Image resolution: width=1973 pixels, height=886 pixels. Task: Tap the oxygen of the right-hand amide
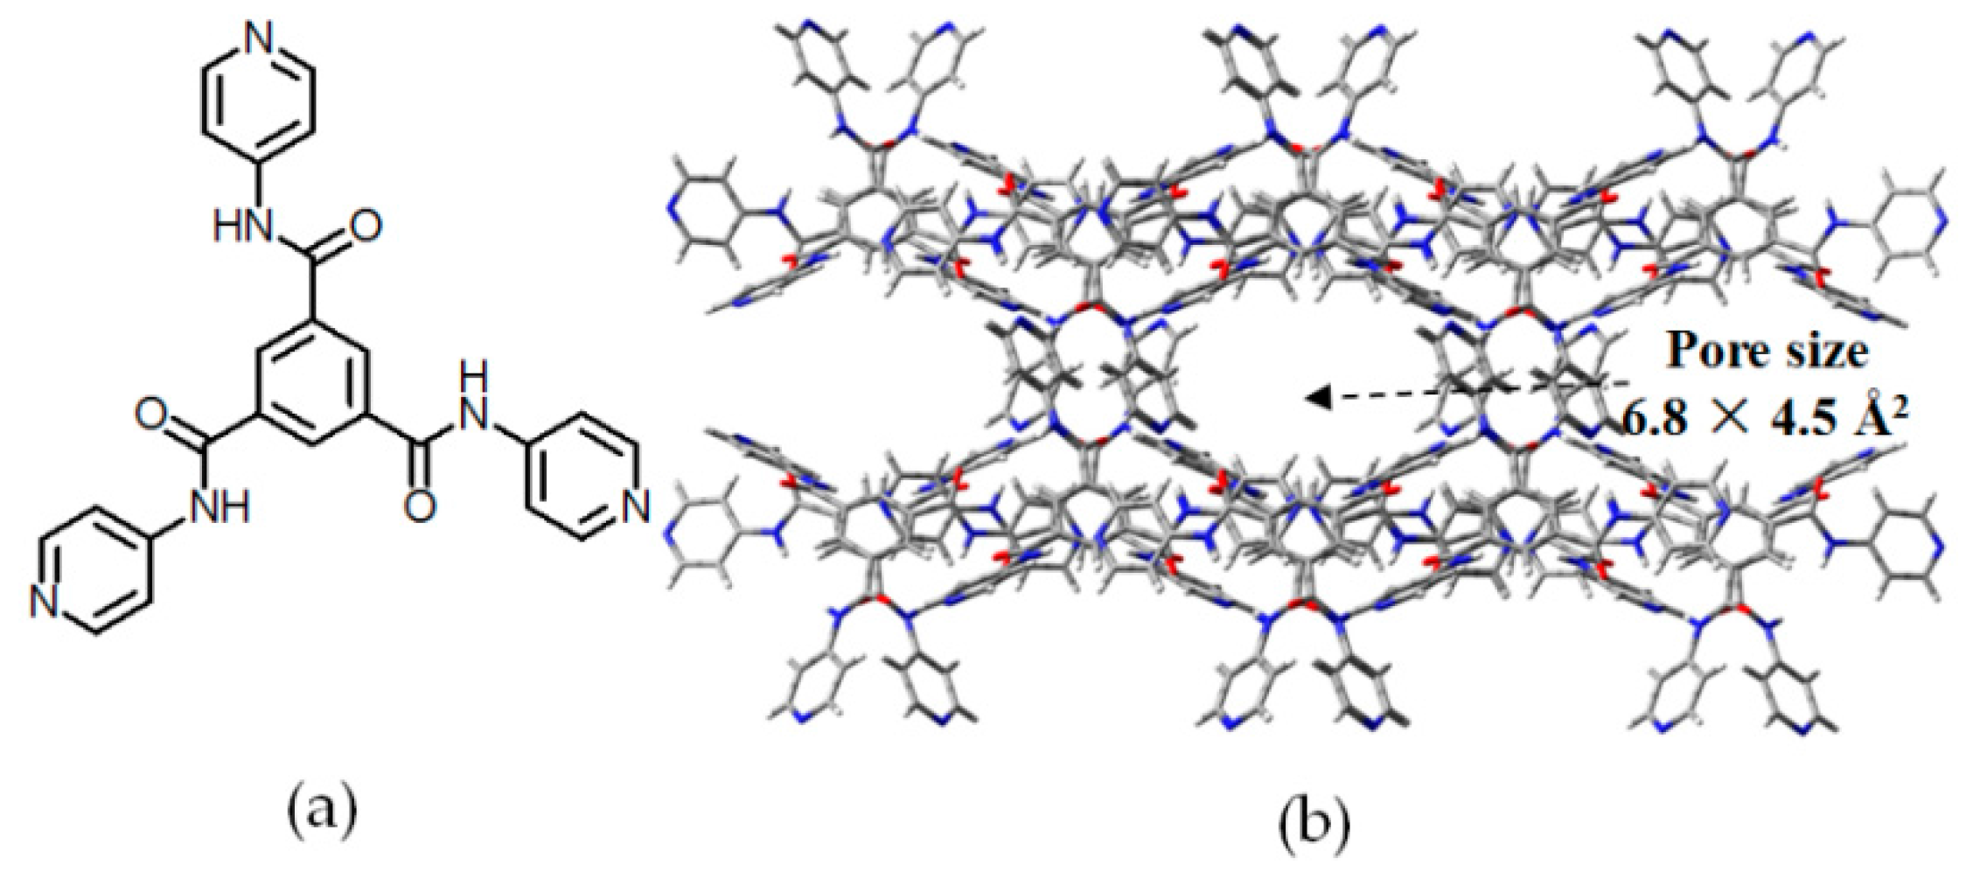422,506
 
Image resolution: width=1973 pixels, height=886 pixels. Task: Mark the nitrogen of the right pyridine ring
636,505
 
